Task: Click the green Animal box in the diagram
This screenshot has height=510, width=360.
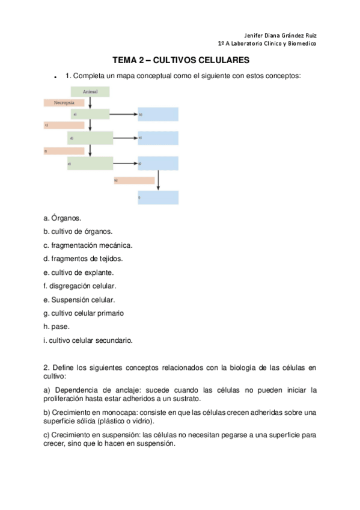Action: coord(90,91)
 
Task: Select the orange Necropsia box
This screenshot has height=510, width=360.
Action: coord(64,103)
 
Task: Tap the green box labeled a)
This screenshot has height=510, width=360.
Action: coord(90,114)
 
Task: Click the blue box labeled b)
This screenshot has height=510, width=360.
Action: coord(158,114)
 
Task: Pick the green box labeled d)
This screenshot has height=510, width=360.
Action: coord(90,138)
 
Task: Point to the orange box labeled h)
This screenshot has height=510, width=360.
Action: coord(134,180)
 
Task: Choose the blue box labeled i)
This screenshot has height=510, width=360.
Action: coord(158,197)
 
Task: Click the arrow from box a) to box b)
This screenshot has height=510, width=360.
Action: coord(124,114)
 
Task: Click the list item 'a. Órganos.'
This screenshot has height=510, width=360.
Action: coord(63,218)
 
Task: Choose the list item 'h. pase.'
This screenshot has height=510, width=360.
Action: coord(56,327)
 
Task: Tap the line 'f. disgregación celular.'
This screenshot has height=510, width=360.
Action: coord(80,286)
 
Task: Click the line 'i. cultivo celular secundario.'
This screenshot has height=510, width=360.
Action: coord(88,340)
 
